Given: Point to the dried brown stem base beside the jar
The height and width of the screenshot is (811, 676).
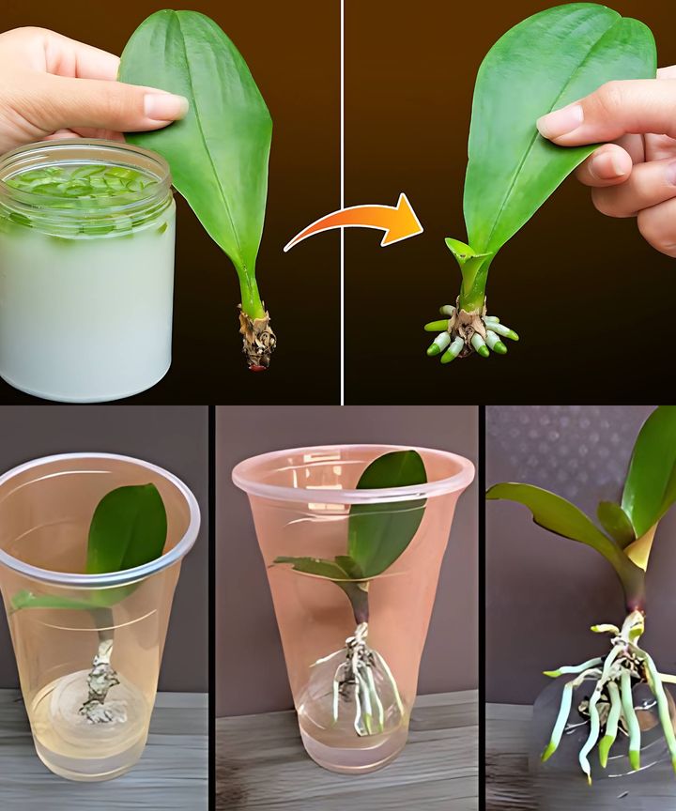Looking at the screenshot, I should (256, 336).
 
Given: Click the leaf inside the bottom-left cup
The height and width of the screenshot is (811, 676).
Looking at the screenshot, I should (126, 530).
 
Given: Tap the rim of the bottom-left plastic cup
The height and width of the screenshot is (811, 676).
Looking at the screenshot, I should (99, 465).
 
